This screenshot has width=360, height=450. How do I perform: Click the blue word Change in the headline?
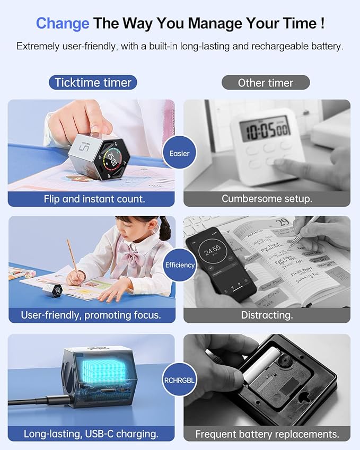(x=63, y=24)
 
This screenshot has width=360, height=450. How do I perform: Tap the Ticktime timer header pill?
(x=93, y=83)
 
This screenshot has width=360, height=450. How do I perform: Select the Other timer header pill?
(x=265, y=83)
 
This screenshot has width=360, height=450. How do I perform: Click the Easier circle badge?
(x=179, y=154)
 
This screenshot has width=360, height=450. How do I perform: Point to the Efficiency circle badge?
(x=180, y=264)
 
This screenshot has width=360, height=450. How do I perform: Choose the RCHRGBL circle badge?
(x=180, y=378)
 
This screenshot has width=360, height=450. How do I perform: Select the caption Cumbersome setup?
(x=267, y=199)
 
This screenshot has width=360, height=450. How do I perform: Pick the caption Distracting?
(x=267, y=315)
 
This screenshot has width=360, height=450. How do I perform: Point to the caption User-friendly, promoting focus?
(x=91, y=315)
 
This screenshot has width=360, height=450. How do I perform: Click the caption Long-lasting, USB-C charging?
(x=91, y=434)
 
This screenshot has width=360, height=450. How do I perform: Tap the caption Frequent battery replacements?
(x=267, y=434)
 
